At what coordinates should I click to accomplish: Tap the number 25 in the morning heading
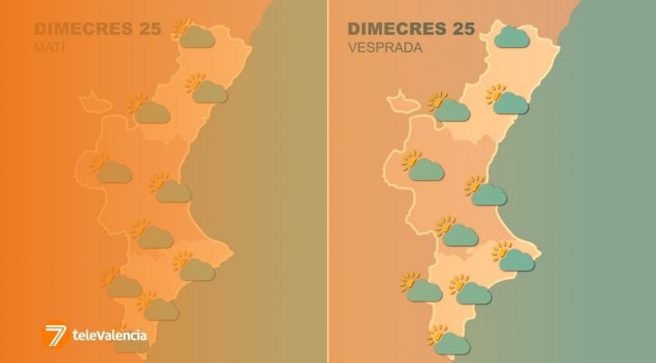click(148, 28)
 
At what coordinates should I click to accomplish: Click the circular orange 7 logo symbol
click(56, 334)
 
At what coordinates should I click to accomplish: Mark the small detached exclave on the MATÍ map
click(91, 98)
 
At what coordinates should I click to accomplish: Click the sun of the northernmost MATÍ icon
click(182, 26)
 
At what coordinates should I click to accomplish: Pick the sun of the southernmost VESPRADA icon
click(436, 334)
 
